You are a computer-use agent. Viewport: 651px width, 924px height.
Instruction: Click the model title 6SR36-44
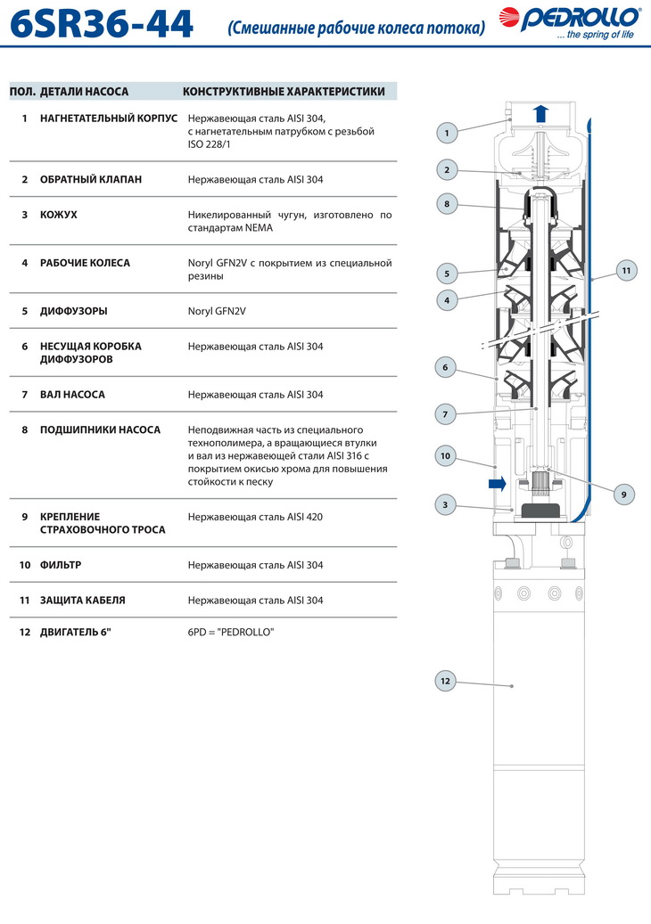click(101, 24)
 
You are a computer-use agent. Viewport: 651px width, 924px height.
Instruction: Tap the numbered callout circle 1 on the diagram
click(447, 133)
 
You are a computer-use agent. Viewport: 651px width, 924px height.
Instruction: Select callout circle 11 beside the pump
click(626, 269)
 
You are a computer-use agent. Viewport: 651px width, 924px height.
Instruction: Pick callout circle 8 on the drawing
click(447, 204)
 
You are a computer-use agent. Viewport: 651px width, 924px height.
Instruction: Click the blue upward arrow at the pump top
click(540, 112)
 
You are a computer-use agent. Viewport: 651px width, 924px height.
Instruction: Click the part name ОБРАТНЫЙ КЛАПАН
click(91, 179)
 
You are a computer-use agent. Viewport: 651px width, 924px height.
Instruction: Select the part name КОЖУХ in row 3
click(59, 215)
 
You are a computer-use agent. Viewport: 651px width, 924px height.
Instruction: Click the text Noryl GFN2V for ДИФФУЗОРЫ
click(217, 311)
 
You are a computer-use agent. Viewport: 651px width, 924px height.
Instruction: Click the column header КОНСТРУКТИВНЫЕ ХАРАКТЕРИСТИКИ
click(284, 91)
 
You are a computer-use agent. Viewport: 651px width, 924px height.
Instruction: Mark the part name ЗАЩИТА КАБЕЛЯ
click(82, 601)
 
